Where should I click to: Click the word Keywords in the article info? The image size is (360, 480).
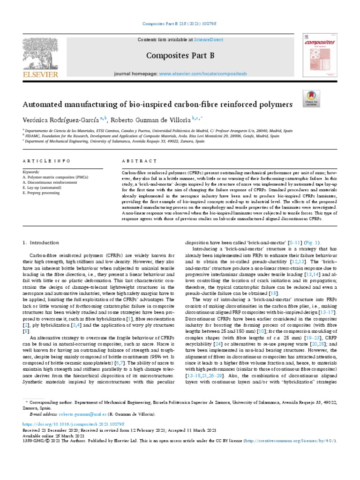coord(31,172)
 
